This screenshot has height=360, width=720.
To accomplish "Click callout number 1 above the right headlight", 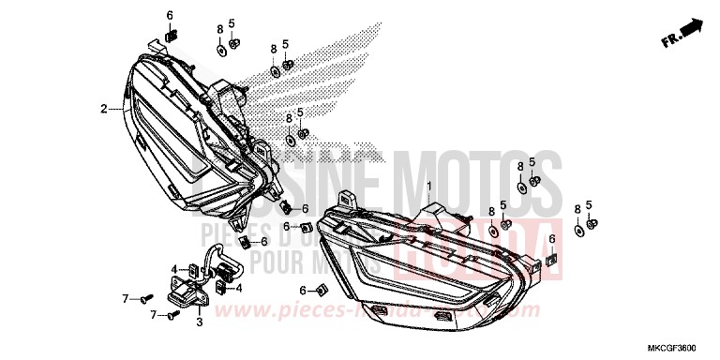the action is [x=430, y=187].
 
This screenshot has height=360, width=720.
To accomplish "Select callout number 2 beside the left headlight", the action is [x=104, y=109].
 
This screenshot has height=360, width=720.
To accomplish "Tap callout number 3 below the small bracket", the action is [x=199, y=322].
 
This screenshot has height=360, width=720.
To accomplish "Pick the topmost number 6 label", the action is [x=170, y=16].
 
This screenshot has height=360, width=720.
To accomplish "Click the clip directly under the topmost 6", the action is [x=170, y=37].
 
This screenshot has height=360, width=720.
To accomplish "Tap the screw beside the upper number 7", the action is [x=143, y=298].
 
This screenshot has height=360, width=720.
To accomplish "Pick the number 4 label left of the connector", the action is [x=172, y=269].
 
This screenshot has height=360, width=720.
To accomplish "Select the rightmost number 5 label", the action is [x=589, y=203].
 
